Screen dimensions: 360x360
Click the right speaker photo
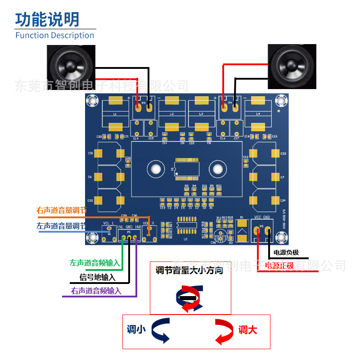click(291, 67)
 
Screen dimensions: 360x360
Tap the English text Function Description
click(55, 35)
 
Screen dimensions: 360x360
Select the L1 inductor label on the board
click(115, 114)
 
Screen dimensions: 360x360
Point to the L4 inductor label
click(258, 114)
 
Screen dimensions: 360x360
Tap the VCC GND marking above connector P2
click(262, 217)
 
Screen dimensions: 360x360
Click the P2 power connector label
click(261, 226)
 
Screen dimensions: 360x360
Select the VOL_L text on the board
click(109, 223)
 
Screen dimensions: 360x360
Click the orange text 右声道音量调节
click(61, 211)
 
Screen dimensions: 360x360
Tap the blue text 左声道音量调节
click(61, 226)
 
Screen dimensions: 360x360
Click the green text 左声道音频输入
click(95, 262)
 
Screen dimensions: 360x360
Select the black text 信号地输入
click(97, 277)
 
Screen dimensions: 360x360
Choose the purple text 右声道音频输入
click(96, 291)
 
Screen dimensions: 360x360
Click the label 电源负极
click(286, 252)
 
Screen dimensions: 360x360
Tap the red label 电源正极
click(279, 265)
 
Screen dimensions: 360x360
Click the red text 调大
click(248, 330)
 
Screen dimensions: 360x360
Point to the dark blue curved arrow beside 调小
click(160, 330)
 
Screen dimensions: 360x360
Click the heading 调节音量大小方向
click(189, 270)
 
